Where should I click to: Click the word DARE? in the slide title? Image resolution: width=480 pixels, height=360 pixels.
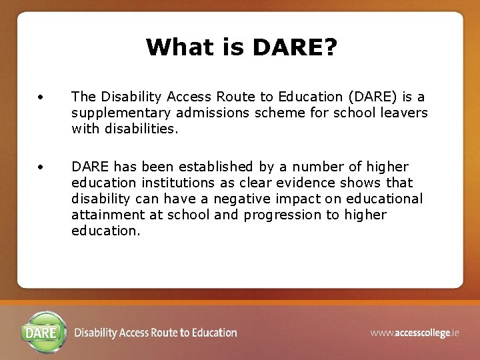tap(295, 47)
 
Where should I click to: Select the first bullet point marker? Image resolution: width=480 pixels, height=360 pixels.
tap(41, 97)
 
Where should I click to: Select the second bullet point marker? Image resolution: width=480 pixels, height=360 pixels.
tap(41, 167)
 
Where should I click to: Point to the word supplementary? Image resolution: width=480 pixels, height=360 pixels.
tap(122, 113)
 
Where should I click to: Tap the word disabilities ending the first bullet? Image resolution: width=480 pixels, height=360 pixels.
tap(140, 129)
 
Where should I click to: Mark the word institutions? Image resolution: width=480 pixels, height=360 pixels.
tap(176, 183)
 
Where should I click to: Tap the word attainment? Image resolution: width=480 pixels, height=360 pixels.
tap(105, 215)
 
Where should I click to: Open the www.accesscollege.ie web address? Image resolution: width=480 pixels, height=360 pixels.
tap(415, 333)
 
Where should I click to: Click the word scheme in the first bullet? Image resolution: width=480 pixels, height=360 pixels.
tap(277, 113)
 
